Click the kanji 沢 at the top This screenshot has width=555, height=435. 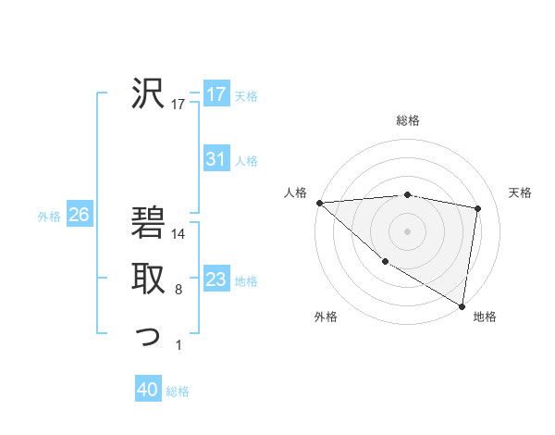click(x=146, y=92)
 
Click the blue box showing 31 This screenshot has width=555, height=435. click(x=216, y=159)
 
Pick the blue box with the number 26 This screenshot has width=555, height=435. click(x=79, y=215)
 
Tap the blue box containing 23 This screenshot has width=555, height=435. click(x=216, y=280)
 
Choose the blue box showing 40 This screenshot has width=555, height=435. click(x=148, y=390)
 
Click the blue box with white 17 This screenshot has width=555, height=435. click(x=216, y=93)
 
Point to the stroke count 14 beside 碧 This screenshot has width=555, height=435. click(x=179, y=234)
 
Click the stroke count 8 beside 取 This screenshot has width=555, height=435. click(x=179, y=290)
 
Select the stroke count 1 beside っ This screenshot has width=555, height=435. click(x=179, y=346)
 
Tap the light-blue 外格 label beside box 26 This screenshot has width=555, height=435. click(x=49, y=217)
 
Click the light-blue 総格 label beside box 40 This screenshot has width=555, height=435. click(x=178, y=391)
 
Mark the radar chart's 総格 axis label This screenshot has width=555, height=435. click(x=408, y=120)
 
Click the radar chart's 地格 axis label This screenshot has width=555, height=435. click(x=485, y=317)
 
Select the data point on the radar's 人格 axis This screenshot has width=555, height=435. click(x=319, y=203)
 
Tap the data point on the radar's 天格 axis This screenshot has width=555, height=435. click(x=478, y=208)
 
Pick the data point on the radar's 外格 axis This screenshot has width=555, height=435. click(x=384, y=262)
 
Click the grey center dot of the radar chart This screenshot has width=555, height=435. click(x=408, y=230)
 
